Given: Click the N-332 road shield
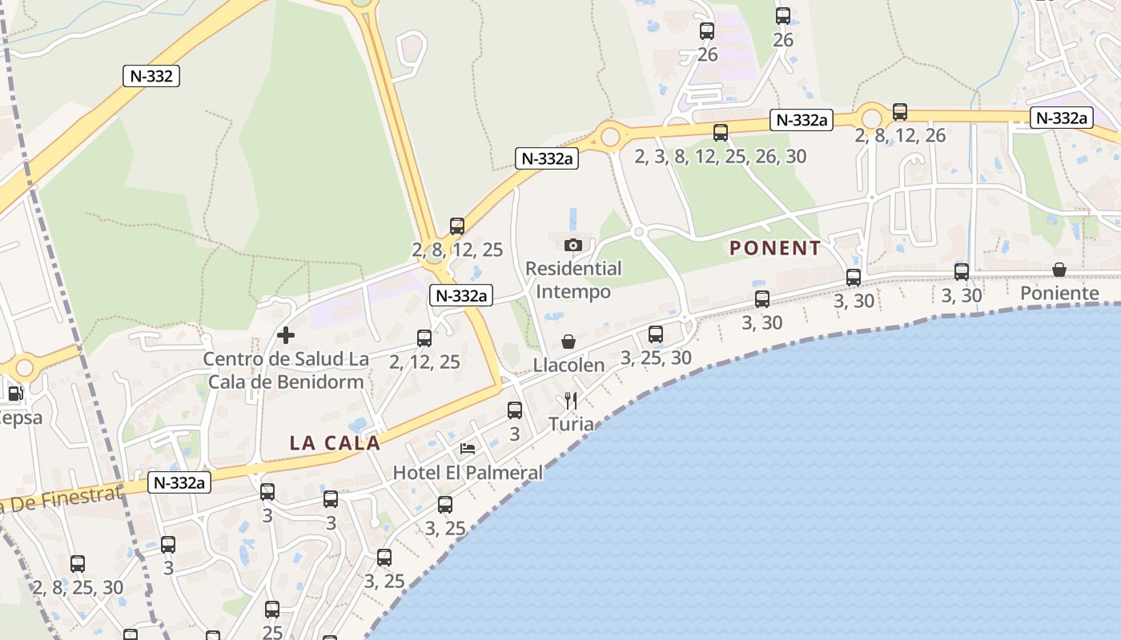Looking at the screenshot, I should point(151,76).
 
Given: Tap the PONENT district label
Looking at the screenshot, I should point(775,248).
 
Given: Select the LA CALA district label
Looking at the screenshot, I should point(335,442).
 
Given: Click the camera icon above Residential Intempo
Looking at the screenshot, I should point(573,245).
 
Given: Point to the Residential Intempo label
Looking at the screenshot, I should point(573,279).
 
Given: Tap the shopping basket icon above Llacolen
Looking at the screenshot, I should point(569,342).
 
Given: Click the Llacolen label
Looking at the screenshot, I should point(569,366).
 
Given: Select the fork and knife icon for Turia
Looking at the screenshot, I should point(571,400).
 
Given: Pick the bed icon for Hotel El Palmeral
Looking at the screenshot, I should point(468,448).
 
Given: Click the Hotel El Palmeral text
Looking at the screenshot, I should point(468,473).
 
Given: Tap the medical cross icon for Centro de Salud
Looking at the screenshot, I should point(286,335).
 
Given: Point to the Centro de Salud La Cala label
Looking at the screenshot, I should point(286,370).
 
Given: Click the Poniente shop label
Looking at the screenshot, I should point(1059,294).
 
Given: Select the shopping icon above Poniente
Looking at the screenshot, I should point(1059,270).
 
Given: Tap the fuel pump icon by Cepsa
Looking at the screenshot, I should point(14,394).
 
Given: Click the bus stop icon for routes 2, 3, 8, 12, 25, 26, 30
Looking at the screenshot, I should point(721,133).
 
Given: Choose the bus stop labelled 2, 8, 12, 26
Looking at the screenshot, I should point(900,112).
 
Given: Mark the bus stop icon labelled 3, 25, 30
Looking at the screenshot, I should point(656,334).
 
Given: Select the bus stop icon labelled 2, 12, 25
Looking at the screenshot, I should point(424,338).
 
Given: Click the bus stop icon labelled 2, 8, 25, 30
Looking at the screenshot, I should point(78,564).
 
